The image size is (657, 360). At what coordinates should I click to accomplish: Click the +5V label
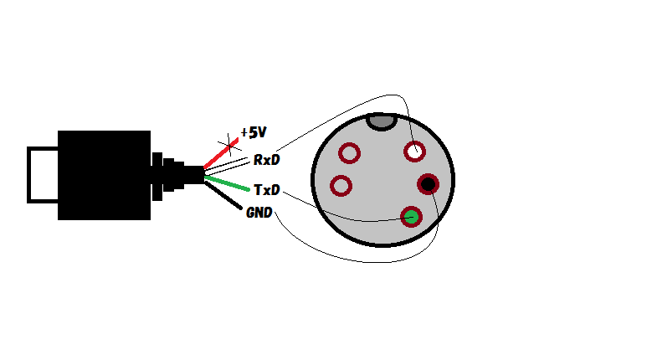pyautogui.click(x=254, y=132)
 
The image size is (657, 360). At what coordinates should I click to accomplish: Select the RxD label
pyautogui.click(x=266, y=160)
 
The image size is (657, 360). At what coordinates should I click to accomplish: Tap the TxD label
pyautogui.click(x=266, y=190)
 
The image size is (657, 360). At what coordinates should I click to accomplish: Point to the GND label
pyautogui.click(x=259, y=213)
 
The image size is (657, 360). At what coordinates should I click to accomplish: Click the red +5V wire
pyautogui.click(x=221, y=153)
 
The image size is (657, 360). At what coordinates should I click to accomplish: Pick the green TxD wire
pyautogui.click(x=227, y=183)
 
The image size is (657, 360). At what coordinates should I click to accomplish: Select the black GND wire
pyautogui.click(x=223, y=195)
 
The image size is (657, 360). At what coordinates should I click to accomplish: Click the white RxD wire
pyautogui.click(x=226, y=166)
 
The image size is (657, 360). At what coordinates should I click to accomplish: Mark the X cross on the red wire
pyautogui.click(x=229, y=145)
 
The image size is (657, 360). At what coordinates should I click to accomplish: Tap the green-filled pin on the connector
pyautogui.click(x=411, y=217)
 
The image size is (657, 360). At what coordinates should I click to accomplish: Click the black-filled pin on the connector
pyautogui.click(x=428, y=184)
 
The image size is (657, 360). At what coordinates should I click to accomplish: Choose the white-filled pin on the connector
pyautogui.click(x=415, y=152)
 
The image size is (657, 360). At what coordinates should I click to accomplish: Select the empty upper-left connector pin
pyautogui.click(x=350, y=153)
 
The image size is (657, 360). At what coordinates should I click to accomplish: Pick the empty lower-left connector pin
pyautogui.click(x=341, y=186)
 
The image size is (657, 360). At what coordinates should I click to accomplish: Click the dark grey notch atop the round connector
pyautogui.click(x=382, y=122)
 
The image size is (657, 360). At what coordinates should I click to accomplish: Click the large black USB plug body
pyautogui.click(x=104, y=175)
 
